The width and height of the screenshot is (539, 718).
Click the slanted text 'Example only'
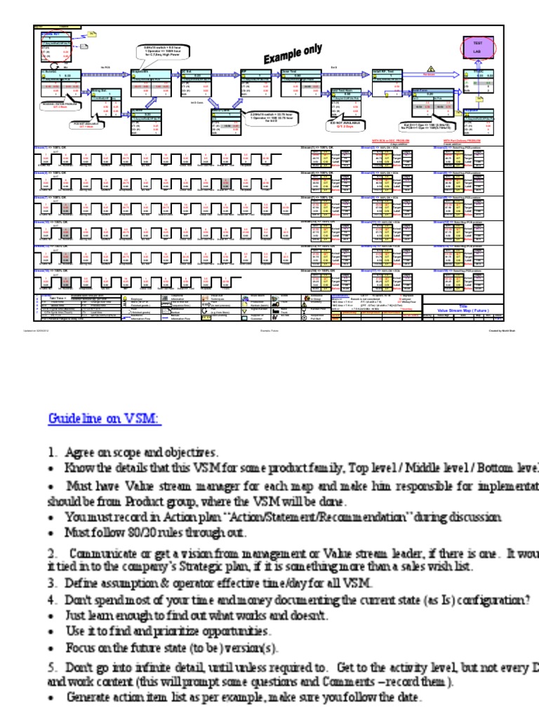(293, 55)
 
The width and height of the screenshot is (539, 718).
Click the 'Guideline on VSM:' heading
(104, 419)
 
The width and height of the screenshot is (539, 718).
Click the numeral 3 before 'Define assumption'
(51, 583)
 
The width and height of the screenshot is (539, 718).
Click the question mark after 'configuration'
(528, 600)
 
